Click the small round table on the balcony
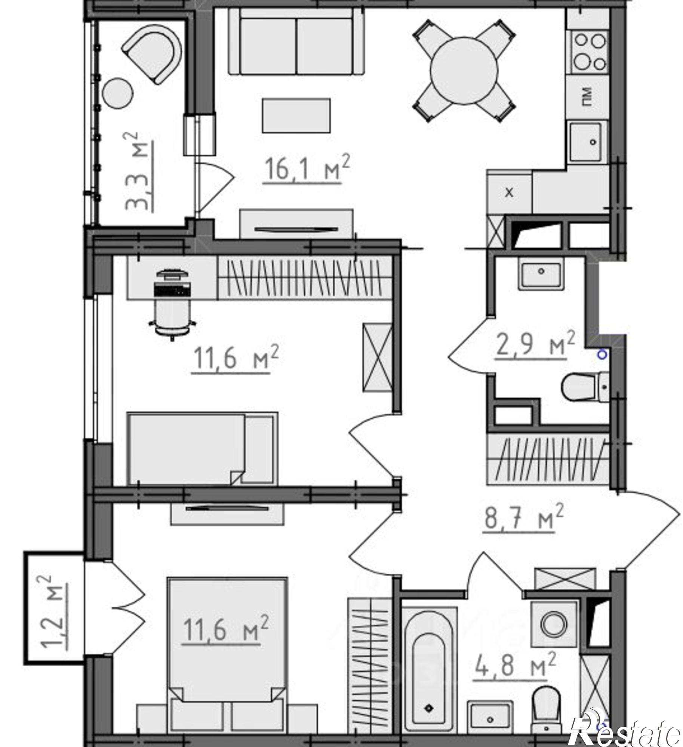coord(117,93)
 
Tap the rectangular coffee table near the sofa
coord(296,115)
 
